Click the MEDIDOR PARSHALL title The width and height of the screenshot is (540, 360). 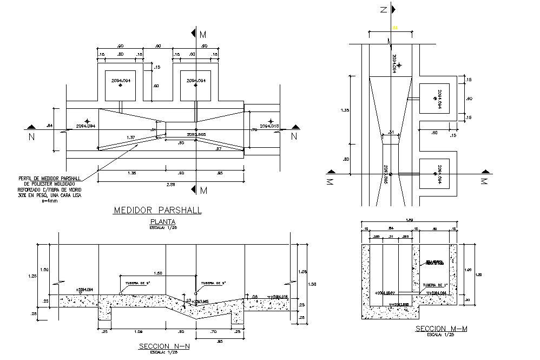(x=157, y=210)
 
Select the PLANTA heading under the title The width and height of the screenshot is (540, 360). (x=157, y=222)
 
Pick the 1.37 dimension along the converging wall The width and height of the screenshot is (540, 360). (x=130, y=138)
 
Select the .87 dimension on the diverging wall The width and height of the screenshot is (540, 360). (x=218, y=149)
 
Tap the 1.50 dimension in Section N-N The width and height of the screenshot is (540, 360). (x=157, y=272)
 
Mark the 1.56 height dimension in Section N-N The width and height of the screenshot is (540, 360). (x=311, y=284)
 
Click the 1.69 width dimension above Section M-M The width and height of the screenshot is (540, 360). (x=409, y=220)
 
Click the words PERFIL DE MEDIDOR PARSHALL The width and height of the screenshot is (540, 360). (x=49, y=178)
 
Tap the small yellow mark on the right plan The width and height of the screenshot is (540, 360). (x=396, y=28)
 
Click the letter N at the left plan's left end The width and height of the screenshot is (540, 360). (x=31, y=137)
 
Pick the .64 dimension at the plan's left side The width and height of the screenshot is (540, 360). (x=50, y=126)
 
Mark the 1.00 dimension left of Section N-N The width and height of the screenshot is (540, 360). (x=45, y=270)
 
